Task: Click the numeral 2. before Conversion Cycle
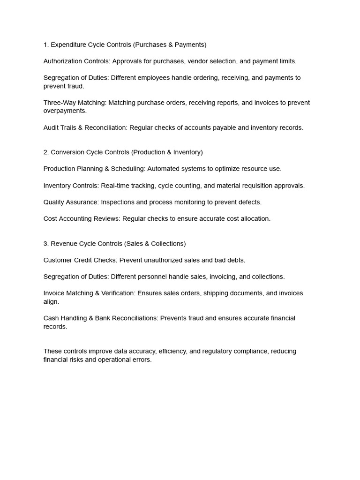[46, 152]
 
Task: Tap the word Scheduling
[128, 169]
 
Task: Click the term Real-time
[114, 186]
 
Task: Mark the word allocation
[253, 218]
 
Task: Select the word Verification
[118, 293]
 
